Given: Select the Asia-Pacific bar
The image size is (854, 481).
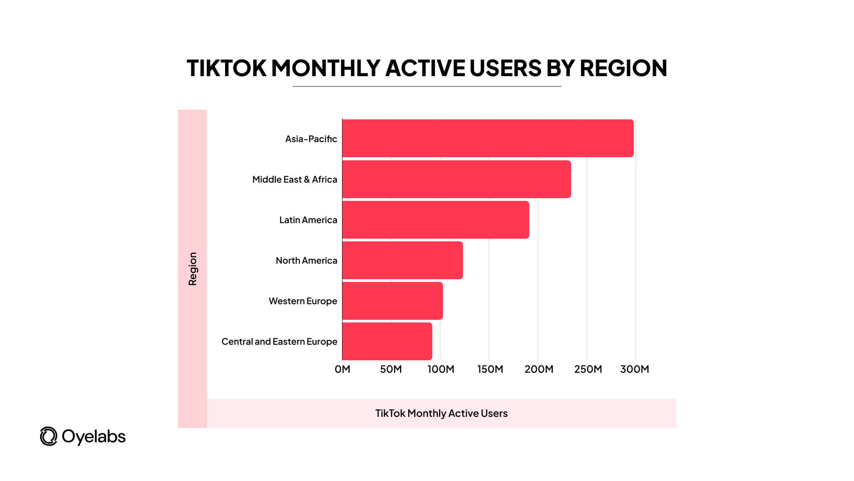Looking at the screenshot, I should (488, 138).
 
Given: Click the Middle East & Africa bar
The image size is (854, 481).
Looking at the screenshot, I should (456, 179).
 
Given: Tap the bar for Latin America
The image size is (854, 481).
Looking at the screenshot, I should (435, 220).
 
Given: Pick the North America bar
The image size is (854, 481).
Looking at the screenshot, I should (403, 260).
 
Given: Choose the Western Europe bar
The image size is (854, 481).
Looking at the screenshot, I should (392, 301).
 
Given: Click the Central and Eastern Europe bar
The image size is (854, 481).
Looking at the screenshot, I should (387, 341).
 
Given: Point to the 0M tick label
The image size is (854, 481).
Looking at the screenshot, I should (342, 369).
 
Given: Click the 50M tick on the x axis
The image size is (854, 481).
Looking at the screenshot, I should (391, 369).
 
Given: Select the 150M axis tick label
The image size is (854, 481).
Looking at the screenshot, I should (490, 369).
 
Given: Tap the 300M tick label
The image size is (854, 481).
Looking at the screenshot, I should (635, 369).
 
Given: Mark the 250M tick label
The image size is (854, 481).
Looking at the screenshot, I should (588, 369).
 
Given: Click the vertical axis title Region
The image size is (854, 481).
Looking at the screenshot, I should (193, 269).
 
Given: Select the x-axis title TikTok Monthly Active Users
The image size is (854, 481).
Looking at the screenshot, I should (441, 413).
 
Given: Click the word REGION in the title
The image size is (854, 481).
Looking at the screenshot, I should (623, 68).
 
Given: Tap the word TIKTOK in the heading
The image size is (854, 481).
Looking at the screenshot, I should (226, 68).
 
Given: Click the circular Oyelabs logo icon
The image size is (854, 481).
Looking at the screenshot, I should (48, 436).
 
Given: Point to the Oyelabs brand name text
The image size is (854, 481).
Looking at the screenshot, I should (94, 436).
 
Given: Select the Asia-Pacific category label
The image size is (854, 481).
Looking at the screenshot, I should (311, 139).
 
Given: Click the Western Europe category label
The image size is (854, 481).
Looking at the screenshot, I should (303, 301).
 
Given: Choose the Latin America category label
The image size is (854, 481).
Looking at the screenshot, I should (308, 220).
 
